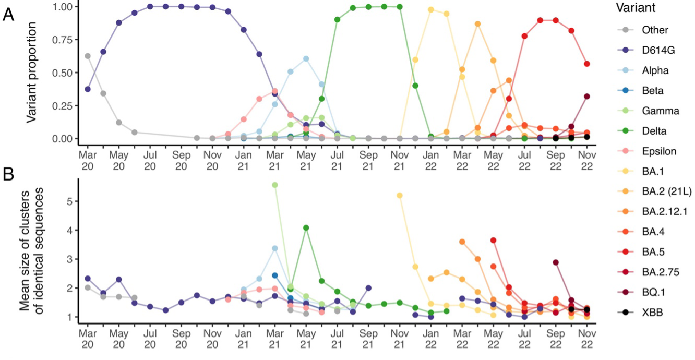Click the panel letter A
(9, 15)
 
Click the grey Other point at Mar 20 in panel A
(88, 56)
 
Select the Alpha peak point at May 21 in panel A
(306, 59)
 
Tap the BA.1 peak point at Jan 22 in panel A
(431, 9)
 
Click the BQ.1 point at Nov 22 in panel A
(587, 97)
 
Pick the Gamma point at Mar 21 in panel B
(275, 185)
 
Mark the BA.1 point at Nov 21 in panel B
(400, 196)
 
